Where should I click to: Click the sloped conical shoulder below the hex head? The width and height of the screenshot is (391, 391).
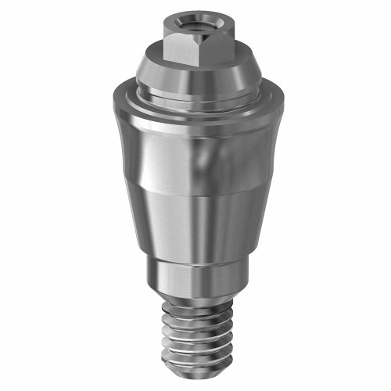tap(156, 75)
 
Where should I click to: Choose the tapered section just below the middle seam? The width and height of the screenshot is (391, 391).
tap(192, 227)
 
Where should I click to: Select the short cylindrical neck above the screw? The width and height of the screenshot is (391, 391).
tap(192, 278)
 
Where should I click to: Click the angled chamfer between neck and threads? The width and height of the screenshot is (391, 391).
tap(192, 299)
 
